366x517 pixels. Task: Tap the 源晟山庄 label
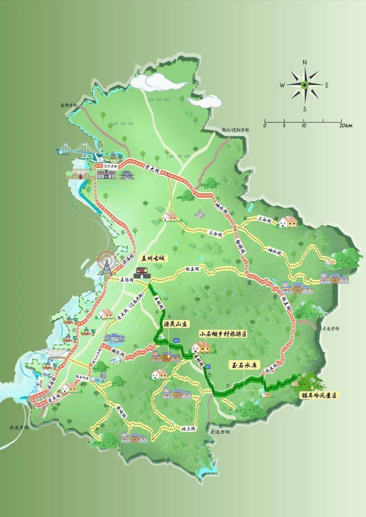(176, 323)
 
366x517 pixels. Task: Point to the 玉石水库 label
(243, 366)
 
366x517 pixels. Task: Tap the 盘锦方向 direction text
(69, 105)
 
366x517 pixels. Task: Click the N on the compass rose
(305, 62)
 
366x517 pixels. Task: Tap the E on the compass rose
(327, 85)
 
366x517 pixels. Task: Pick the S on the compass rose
(305, 109)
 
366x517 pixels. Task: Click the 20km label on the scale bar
(345, 126)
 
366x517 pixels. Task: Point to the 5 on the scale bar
(284, 126)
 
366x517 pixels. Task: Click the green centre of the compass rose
(305, 85)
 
